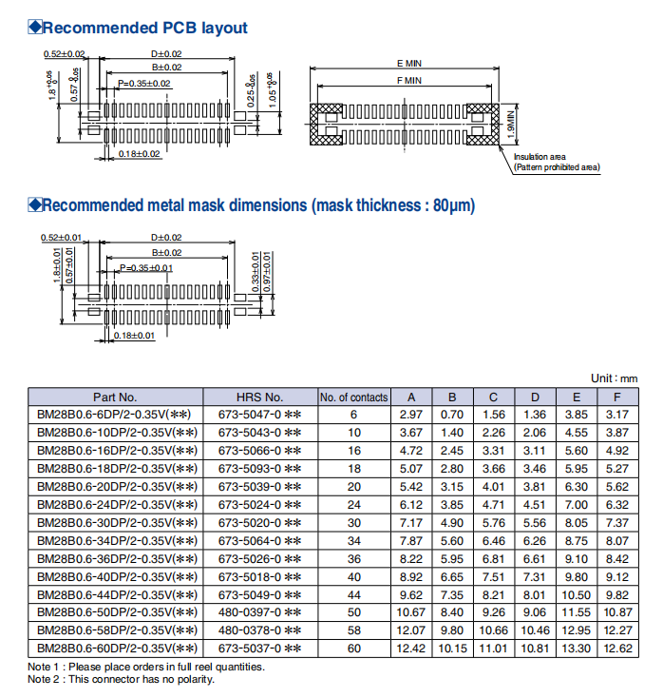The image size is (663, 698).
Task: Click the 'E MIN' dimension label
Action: (x=409, y=63)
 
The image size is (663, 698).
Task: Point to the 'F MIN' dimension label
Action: (x=409, y=82)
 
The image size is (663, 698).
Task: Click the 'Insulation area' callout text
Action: (x=540, y=157)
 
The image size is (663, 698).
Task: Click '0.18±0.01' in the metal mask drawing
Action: (x=134, y=336)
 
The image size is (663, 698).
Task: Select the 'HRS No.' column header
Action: (x=259, y=397)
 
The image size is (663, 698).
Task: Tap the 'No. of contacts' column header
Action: (x=353, y=397)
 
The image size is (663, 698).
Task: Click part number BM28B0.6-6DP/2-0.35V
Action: (x=115, y=415)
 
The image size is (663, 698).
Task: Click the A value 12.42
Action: (x=412, y=648)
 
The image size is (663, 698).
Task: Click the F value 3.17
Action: (x=618, y=415)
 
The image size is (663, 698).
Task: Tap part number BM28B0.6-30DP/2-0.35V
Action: (x=115, y=522)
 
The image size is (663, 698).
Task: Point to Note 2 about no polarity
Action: (x=121, y=679)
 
